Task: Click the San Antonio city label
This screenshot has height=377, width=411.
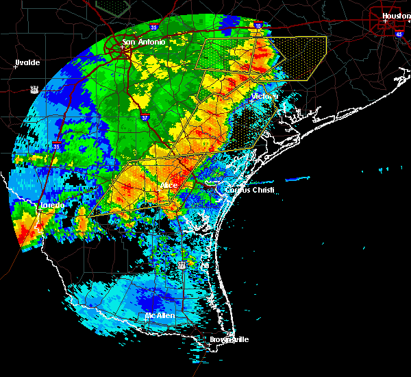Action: coord(145,42)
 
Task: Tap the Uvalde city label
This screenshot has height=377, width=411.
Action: coord(28,62)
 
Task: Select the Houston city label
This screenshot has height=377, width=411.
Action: coord(396,16)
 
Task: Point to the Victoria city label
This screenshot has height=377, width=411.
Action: coord(264,97)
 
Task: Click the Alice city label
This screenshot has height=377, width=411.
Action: coord(168,185)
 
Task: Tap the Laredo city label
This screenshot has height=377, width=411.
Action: coord(51,205)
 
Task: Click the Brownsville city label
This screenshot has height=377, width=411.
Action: coord(229,339)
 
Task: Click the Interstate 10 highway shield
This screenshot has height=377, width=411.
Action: coord(258,25)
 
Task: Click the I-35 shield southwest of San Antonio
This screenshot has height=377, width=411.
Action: coord(58,145)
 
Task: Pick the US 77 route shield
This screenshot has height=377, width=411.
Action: coord(182,264)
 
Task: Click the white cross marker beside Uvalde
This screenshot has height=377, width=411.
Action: coord(15,67)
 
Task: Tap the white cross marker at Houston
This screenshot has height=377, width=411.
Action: coord(386,21)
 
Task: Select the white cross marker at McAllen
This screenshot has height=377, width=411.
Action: coord(145,319)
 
